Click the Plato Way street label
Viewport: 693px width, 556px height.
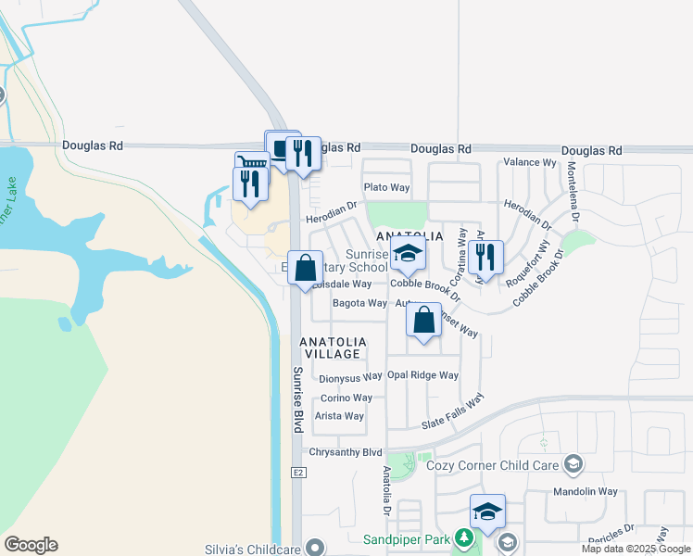(x=386, y=187)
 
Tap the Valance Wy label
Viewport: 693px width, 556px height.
(x=529, y=162)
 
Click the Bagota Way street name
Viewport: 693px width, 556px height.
(x=359, y=303)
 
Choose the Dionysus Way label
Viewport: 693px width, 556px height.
(x=350, y=377)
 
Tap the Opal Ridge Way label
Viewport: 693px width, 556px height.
(x=422, y=375)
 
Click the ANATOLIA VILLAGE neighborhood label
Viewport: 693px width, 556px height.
(x=333, y=347)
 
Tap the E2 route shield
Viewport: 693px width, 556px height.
(x=298, y=473)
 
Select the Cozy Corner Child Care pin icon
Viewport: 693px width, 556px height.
(x=573, y=464)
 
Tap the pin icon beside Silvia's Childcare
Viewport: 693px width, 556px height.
(x=317, y=547)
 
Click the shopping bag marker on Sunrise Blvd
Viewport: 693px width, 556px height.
(x=305, y=270)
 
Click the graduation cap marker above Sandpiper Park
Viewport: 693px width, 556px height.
(x=487, y=512)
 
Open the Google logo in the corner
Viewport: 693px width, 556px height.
(x=31, y=545)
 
